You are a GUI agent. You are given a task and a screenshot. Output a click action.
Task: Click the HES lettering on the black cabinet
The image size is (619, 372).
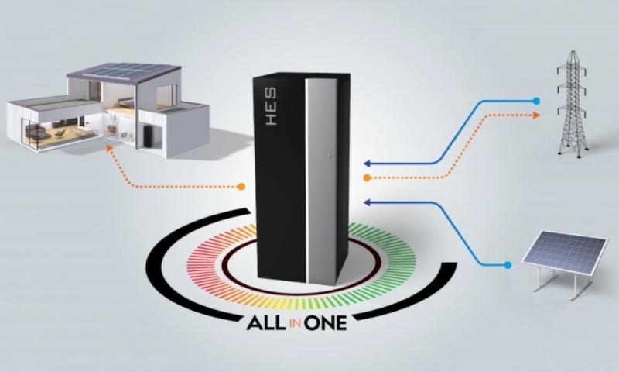pyautogui.click(x=271, y=107)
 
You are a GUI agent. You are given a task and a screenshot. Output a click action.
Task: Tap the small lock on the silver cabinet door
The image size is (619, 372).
pyautogui.click(x=329, y=157)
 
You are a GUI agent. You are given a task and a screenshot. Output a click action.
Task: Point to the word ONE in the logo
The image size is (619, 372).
pyautogui.click(x=326, y=323)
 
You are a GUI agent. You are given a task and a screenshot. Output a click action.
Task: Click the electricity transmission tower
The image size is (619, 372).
pyautogui.click(x=572, y=104)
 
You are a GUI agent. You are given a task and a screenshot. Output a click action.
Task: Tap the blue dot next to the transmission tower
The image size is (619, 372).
pyautogui.click(x=535, y=101)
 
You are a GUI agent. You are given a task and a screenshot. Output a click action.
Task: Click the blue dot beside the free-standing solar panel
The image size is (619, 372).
pyautogui.click(x=508, y=265)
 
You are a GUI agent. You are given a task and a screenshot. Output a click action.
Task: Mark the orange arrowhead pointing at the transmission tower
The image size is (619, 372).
pyautogui.click(x=535, y=115)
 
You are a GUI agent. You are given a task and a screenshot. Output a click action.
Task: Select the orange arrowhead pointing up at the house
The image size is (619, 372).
pyautogui.click(x=109, y=148)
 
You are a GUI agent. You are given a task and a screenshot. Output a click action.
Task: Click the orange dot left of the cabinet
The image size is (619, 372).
pyautogui.click(x=241, y=186)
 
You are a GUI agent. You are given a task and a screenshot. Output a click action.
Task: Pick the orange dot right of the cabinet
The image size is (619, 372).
pyautogui.click(x=367, y=178)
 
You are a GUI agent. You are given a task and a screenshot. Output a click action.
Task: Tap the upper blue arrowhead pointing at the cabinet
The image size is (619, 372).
pyautogui.click(x=367, y=163)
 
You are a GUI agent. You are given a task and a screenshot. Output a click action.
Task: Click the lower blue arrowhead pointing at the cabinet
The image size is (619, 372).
pyautogui.click(x=367, y=202)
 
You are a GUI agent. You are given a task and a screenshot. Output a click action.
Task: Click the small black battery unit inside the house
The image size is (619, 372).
pyautogui.click(x=148, y=136)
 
